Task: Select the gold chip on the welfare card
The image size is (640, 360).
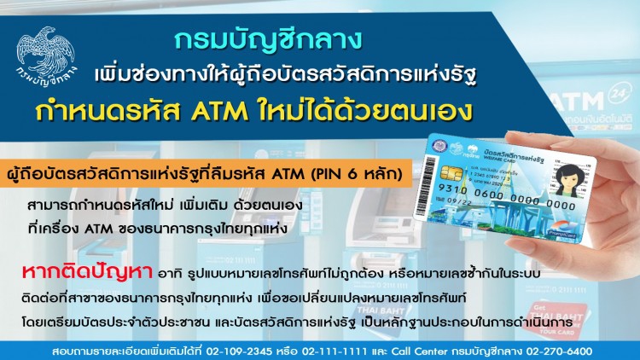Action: [428, 173]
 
